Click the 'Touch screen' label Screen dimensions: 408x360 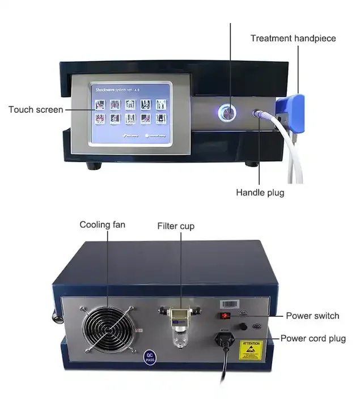pyautogui.click(x=36, y=109)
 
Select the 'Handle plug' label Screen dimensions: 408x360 pyautogui.click(x=260, y=193)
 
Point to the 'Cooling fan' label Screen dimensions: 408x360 pyautogui.click(x=102, y=225)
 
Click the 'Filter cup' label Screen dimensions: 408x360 pyautogui.click(x=176, y=226)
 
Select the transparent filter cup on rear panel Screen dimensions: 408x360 pyautogui.click(x=180, y=333)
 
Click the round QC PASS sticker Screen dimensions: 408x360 pyautogui.click(x=149, y=356)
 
